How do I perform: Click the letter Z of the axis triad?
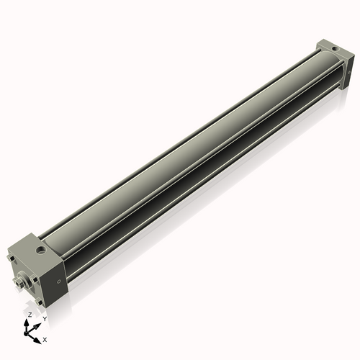click(x=30, y=315)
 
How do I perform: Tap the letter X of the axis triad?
click(x=45, y=338)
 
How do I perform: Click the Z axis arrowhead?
click(x=28, y=323)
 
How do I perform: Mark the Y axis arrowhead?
click(x=37, y=323)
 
